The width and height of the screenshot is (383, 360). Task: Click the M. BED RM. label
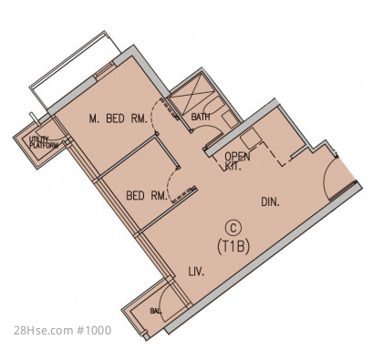point(119,118)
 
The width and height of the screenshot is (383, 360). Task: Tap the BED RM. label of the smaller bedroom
point(147,195)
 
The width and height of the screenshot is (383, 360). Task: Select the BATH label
point(201,117)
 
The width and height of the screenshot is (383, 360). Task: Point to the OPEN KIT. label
point(237,161)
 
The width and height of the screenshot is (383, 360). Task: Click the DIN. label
point(271,202)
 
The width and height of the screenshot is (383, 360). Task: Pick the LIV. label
point(196,272)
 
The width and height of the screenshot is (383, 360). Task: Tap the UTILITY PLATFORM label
point(44,142)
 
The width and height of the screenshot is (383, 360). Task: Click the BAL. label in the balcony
point(156,311)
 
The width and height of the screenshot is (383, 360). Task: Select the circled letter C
point(233,228)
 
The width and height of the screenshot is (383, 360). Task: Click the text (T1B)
point(233,246)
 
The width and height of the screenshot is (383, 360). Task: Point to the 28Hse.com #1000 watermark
point(63,330)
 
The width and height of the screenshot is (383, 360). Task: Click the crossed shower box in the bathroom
point(191,94)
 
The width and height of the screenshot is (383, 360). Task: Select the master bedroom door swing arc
point(153,113)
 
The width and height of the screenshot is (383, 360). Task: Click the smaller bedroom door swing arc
point(171,184)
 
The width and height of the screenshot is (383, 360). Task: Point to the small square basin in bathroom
point(230,119)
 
